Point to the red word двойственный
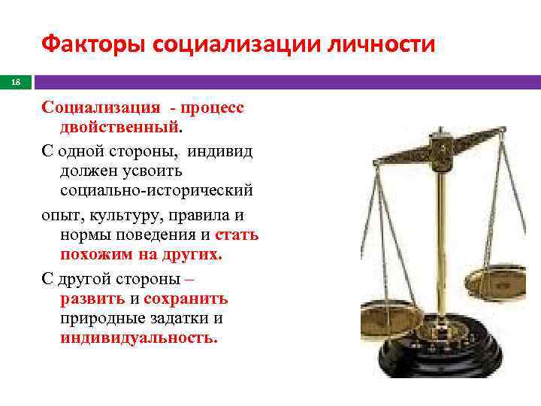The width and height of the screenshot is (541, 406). [x=119, y=129]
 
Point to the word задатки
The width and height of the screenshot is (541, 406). [x=181, y=319]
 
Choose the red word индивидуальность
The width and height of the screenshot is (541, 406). [x=139, y=339]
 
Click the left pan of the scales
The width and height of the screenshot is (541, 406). [x=390, y=317]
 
